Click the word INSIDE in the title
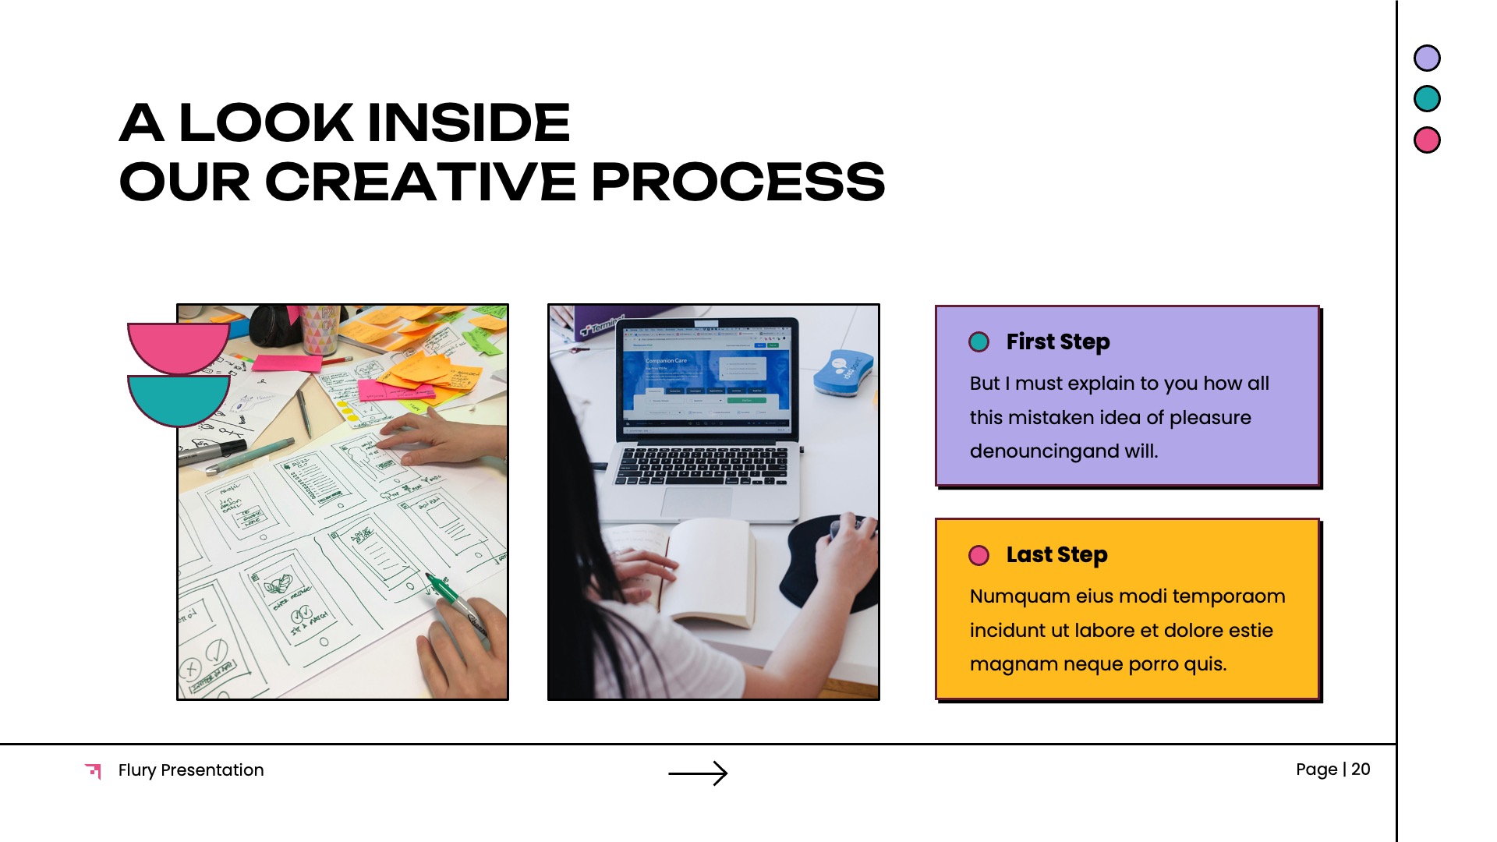click(469, 122)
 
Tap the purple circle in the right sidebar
click(1427, 58)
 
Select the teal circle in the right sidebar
click(1427, 99)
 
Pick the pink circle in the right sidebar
click(1427, 140)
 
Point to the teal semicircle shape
click(179, 397)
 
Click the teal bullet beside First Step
click(979, 342)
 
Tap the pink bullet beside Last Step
click(979, 555)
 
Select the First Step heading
click(1057, 342)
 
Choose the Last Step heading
click(1056, 555)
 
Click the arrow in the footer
click(698, 773)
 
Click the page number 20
click(1361, 769)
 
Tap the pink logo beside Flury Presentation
click(94, 770)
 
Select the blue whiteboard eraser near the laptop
click(843, 372)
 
